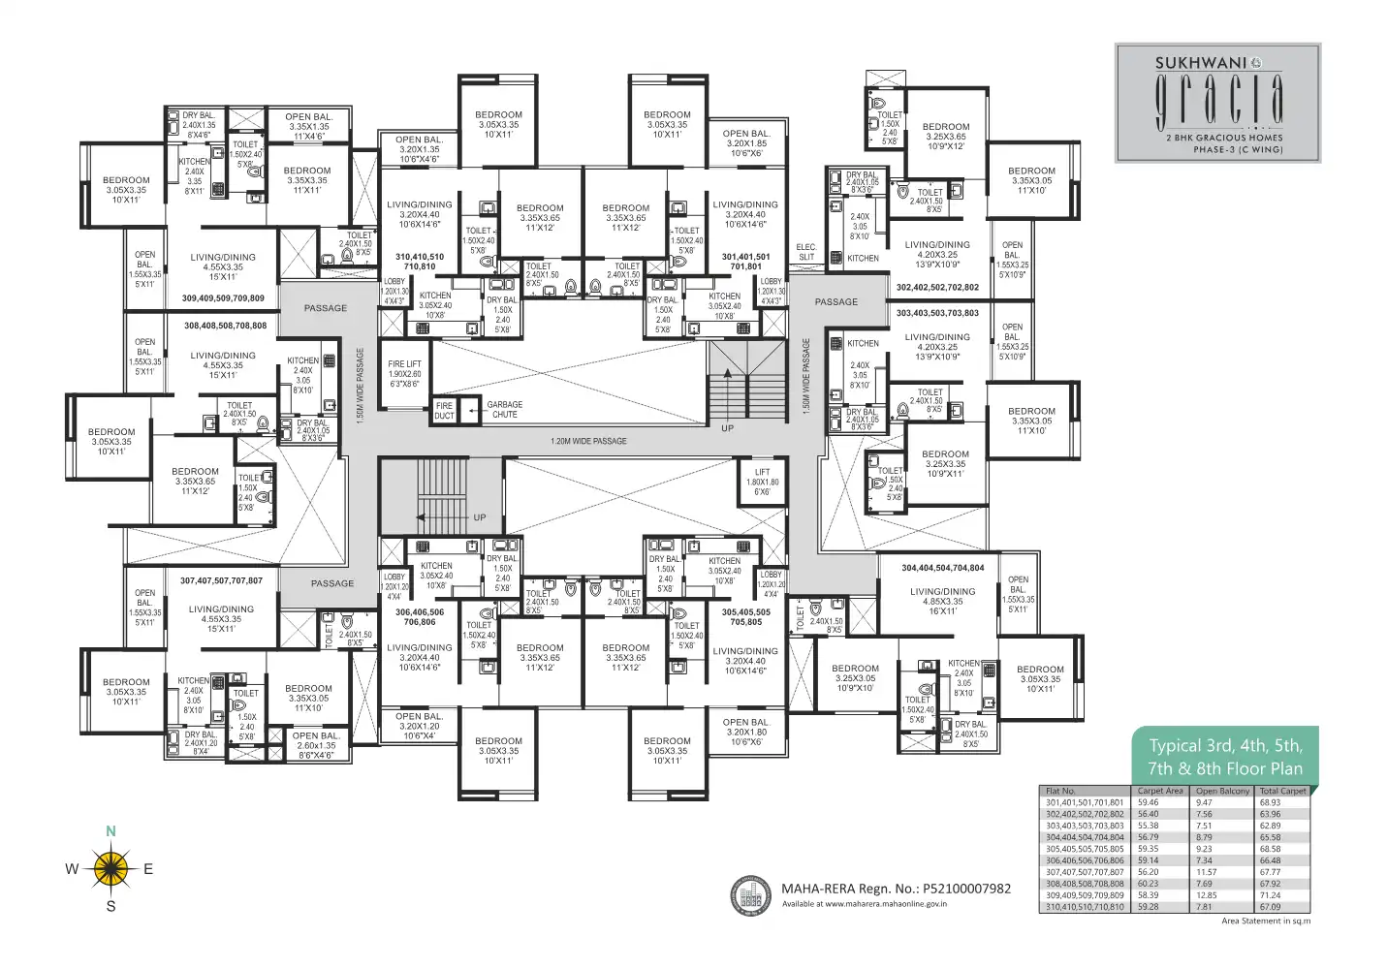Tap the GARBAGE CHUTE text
pyautogui.click(x=504, y=410)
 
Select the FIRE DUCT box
pyautogui.click(x=444, y=411)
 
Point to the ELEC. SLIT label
pyautogui.click(x=806, y=252)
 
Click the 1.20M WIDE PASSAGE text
pyautogui.click(x=588, y=441)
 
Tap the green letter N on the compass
pyautogui.click(x=110, y=831)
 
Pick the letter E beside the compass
pyautogui.click(x=148, y=869)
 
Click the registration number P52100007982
pyautogui.click(x=966, y=888)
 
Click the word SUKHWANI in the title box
pyautogui.click(x=1200, y=63)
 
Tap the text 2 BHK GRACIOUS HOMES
pyautogui.click(x=1224, y=138)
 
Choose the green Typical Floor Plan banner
pyautogui.click(x=1225, y=757)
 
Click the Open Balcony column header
pyautogui.click(x=1222, y=791)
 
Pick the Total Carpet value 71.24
pyautogui.click(x=1270, y=895)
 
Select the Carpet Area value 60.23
pyautogui.click(x=1148, y=884)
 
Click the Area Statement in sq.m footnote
pyautogui.click(x=1265, y=921)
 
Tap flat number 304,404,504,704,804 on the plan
pyautogui.click(x=942, y=568)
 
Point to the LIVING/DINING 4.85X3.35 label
pyautogui.click(x=942, y=601)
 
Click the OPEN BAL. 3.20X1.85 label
pyautogui.click(x=745, y=143)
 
